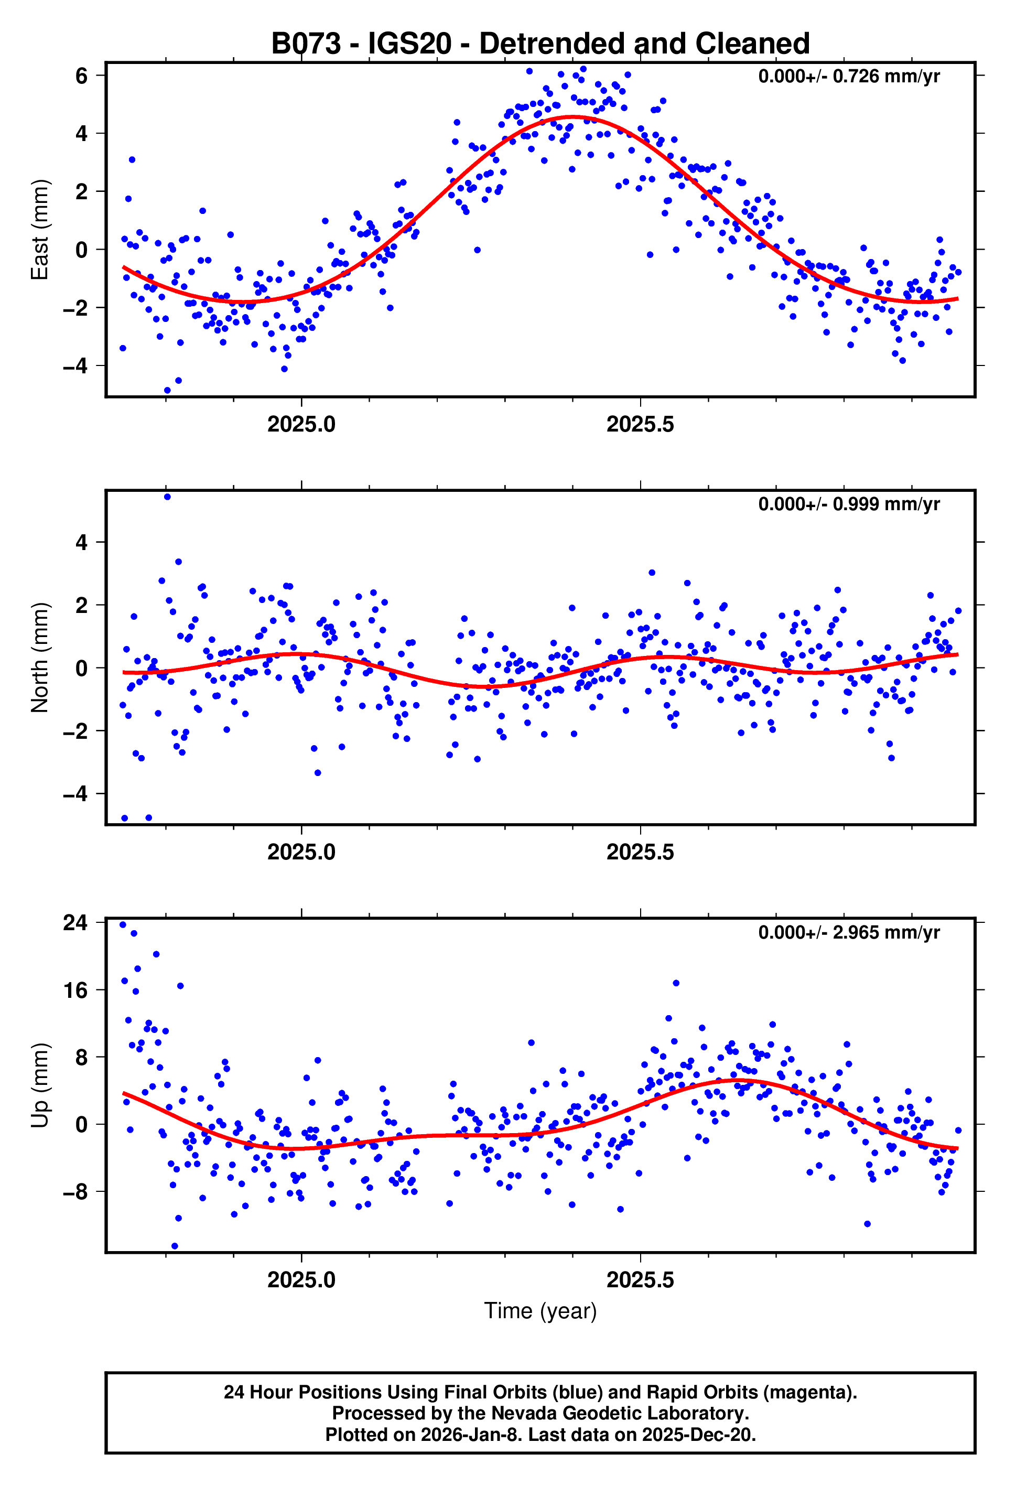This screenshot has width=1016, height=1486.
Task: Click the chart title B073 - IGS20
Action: click(541, 44)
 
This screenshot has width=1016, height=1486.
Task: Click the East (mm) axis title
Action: click(40, 230)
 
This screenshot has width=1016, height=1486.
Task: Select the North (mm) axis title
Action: click(40, 658)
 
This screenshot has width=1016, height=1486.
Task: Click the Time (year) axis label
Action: click(541, 1310)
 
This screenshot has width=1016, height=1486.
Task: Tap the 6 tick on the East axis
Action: click(81, 76)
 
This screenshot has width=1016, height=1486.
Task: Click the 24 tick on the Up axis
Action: click(75, 923)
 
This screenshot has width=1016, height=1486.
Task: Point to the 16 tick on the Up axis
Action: click(75, 990)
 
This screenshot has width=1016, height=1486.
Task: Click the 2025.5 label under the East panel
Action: click(640, 425)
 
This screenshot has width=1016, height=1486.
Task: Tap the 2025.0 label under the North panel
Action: click(301, 853)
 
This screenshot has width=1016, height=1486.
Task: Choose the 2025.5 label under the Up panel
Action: click(640, 1280)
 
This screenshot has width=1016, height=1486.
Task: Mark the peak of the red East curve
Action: click(574, 116)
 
